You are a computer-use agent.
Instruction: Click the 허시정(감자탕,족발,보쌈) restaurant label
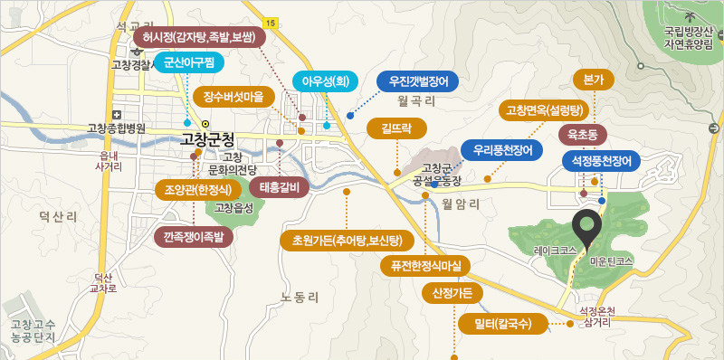coord(198,37)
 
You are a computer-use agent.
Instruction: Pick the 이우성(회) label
coord(325,81)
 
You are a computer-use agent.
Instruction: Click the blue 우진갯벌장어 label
coord(418,81)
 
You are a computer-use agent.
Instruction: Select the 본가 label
coord(594,80)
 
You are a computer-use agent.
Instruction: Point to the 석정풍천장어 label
coord(601,161)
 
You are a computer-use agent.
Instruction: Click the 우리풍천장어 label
coord(502,148)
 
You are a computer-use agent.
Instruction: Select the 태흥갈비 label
coord(279,188)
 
